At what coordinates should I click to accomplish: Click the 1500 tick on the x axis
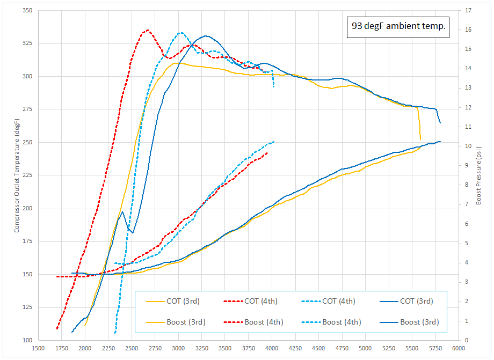tap(38, 348)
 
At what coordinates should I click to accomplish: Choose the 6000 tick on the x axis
tap(458, 348)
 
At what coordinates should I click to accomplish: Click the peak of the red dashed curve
tap(147, 30)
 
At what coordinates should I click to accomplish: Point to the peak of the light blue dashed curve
tap(181, 33)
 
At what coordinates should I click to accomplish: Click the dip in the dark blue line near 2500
tap(132, 232)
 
